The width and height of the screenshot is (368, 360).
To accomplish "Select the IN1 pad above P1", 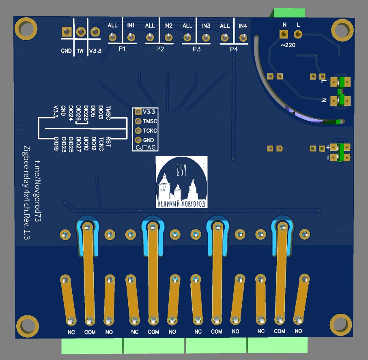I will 131,38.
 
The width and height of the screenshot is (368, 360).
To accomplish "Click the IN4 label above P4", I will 243,26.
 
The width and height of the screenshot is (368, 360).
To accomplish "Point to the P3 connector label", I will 196,49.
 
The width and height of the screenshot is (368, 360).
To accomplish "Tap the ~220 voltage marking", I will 288,45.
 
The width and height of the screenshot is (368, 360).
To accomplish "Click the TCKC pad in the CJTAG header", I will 138,131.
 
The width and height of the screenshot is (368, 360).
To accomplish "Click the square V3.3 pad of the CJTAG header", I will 138,111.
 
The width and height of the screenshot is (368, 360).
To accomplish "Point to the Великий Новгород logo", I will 181,182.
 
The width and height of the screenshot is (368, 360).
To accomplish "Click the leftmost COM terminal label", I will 90,332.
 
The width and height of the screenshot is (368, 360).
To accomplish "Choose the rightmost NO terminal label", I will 298,331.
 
